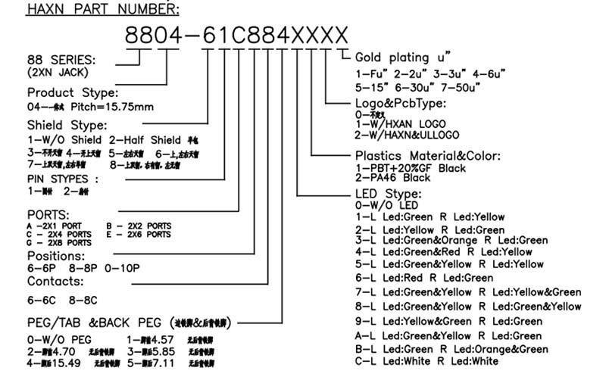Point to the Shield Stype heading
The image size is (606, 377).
[x=67, y=124]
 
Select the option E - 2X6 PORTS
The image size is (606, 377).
[x=139, y=234]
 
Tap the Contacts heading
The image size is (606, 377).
[x=55, y=281]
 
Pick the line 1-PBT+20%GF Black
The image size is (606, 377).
[x=411, y=167]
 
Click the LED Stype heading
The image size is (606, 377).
[x=388, y=194]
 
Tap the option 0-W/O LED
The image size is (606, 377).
[x=386, y=205]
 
